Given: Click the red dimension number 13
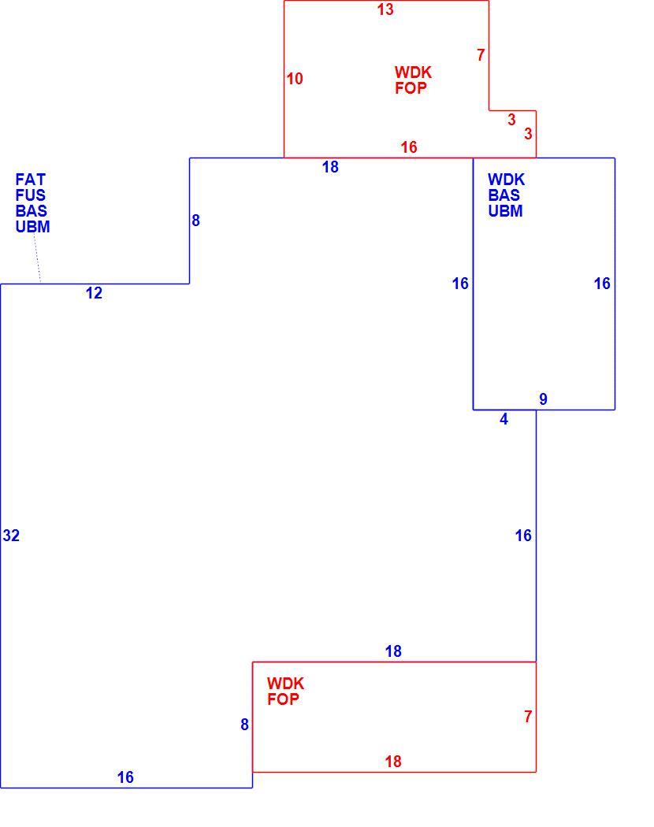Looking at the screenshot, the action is coord(385,9).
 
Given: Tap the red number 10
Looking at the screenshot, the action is coord(295,79).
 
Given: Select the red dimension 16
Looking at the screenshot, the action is coord(408,147).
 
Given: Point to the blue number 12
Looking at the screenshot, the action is coord(94,293).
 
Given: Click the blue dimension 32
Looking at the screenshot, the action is coord(11,536).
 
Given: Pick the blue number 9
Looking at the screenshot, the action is coord(543,399).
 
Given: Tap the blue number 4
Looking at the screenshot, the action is coord(504,419).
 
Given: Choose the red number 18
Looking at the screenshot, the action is coord(393,762).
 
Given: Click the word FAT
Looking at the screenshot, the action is coord(31,180).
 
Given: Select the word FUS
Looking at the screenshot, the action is coord(31,195).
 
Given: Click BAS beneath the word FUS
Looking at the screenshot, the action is coord(32,211).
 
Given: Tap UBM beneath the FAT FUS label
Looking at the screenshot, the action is coord(33,227).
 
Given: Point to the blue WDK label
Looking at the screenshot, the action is coord(506,180).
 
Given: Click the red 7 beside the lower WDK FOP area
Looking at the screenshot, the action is coord(528,717).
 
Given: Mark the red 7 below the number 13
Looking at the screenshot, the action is coord(481,55).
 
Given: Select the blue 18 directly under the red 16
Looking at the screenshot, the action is coord(330,167).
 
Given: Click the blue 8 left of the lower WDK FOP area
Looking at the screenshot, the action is coord(244,725).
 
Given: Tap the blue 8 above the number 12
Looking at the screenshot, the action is coord(196,221).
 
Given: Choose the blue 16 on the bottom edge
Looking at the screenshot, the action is coord(125,777).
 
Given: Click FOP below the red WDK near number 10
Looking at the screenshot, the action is coord(411,88).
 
